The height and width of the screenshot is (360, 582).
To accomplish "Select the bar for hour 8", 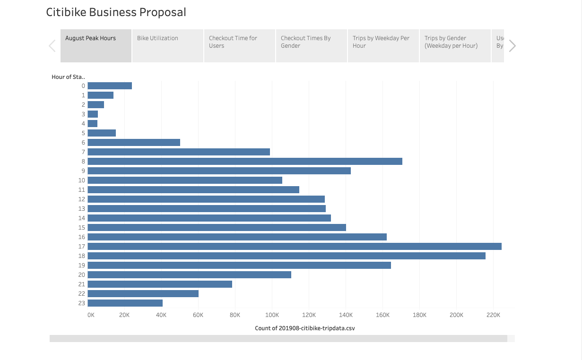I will click(x=244, y=161).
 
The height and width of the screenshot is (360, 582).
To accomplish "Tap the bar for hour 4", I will click(x=93, y=123).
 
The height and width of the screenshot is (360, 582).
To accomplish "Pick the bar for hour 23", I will click(x=125, y=303).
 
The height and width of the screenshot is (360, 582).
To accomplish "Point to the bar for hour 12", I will click(x=206, y=199).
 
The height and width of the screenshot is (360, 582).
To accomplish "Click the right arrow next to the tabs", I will click(x=512, y=46).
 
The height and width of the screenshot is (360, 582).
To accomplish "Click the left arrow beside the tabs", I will click(x=52, y=46).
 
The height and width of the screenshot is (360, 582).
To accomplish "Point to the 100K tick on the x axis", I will click(x=271, y=315).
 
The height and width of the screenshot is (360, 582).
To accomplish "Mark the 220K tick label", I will click(x=493, y=315).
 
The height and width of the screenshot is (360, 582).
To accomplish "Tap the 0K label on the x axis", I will click(x=91, y=315).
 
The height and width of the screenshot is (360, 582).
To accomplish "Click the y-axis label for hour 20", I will click(x=82, y=274).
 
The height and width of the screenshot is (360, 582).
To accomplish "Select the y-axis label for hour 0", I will click(x=83, y=86).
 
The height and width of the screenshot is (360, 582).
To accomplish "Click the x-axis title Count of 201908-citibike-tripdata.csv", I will click(x=304, y=328).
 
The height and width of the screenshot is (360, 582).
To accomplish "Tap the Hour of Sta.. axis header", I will click(x=68, y=77).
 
